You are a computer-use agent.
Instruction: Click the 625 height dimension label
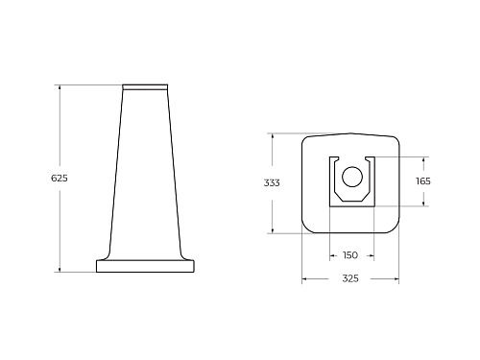tap(60, 178)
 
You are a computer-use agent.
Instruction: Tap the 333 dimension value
tap(272, 182)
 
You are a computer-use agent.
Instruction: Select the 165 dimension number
tap(423, 181)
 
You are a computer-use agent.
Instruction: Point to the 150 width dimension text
tap(350, 255)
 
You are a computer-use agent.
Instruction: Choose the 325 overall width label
tap(350, 278)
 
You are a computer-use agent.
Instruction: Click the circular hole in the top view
tap(352, 177)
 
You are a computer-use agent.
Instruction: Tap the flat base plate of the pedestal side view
tap(145, 266)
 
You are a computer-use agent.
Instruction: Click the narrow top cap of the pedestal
tap(145, 87)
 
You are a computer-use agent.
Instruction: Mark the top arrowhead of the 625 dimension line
tap(60, 87)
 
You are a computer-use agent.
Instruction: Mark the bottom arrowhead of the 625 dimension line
tap(60, 269)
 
